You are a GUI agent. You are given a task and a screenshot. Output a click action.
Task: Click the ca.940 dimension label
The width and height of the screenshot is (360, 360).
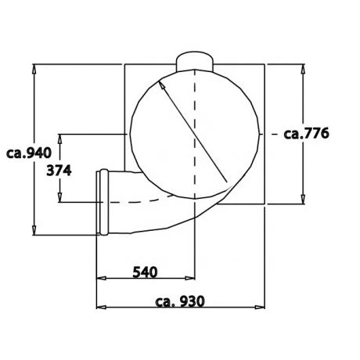(x=27, y=153)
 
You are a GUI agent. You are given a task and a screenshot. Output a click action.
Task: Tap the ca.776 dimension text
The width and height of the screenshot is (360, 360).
(x=310, y=133)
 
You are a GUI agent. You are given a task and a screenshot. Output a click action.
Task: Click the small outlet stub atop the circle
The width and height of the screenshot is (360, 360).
(x=193, y=59)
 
